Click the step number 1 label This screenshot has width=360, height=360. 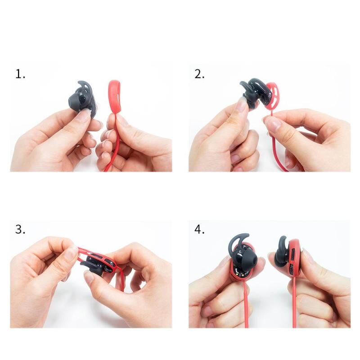(x=20, y=74)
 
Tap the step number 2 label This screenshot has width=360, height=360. (x=199, y=74)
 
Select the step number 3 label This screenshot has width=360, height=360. (x=20, y=229)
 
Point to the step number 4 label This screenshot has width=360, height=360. (x=199, y=229)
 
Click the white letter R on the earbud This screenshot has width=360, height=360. (x=81, y=94)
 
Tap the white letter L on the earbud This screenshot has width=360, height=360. (x=240, y=252)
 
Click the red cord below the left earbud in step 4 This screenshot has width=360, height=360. (x=246, y=306)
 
